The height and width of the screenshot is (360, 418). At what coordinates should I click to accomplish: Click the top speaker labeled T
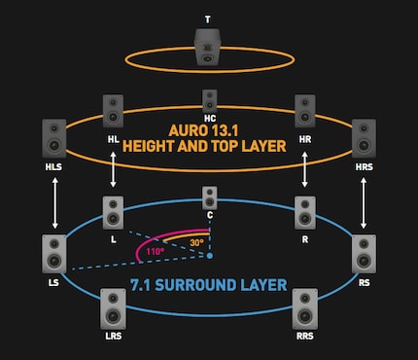click(208, 47)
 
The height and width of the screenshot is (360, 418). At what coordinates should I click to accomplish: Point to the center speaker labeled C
click(209, 198)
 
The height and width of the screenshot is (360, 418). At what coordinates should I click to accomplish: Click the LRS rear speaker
click(113, 307)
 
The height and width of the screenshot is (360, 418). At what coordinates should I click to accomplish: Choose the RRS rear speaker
click(304, 307)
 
